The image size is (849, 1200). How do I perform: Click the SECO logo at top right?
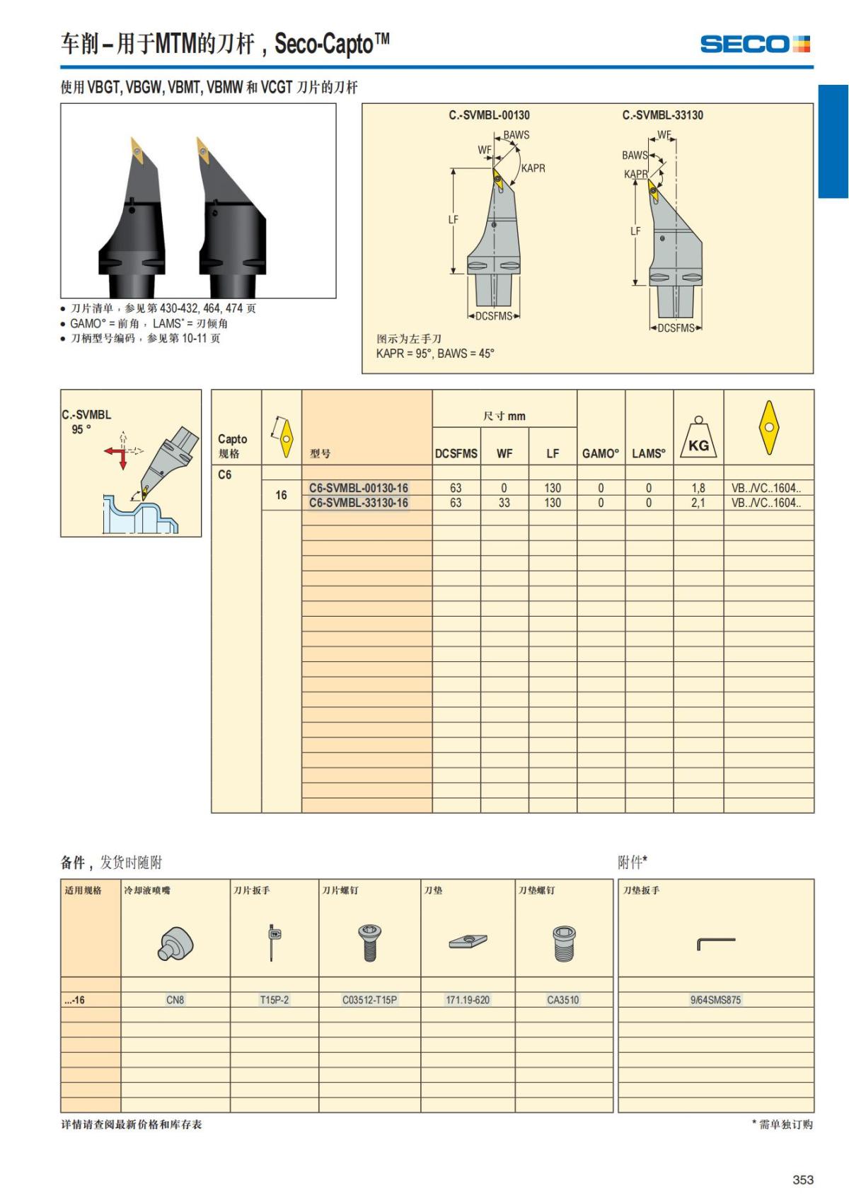point(755,45)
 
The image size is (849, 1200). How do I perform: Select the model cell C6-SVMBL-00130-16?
point(359,488)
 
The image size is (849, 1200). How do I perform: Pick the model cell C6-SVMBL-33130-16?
point(359,503)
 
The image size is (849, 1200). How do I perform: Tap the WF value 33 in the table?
point(504,503)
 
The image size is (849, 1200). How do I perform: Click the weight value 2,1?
point(698,503)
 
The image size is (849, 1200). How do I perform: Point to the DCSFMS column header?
point(456,453)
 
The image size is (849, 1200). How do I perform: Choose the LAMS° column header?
point(649,453)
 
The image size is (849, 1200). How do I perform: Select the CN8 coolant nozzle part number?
point(175,1000)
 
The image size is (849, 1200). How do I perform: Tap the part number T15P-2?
point(275,1000)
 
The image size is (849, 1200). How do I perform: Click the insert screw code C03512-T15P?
point(369,1000)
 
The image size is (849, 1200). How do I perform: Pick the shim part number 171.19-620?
point(468,1000)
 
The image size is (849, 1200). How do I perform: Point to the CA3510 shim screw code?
point(563,1000)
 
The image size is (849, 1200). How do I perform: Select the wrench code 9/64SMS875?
point(715,1000)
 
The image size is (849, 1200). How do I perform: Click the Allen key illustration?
point(715,943)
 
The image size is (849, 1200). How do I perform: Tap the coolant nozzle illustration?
point(175,944)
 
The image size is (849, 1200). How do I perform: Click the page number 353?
point(803,1179)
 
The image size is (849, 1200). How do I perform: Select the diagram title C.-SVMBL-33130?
point(663,115)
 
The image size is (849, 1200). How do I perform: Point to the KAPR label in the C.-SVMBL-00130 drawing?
point(533,168)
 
